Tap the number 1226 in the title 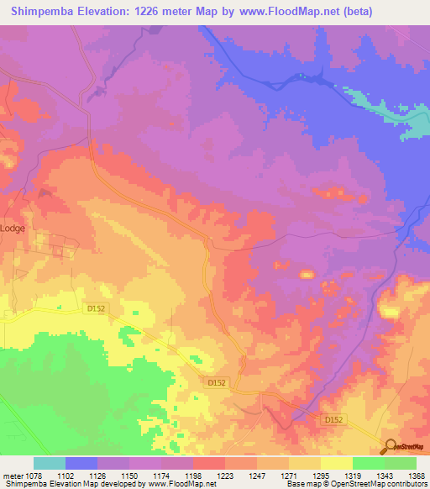(x=149, y=12)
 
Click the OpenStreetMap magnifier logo (x=390, y=446)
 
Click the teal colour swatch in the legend (x=50, y=463)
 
